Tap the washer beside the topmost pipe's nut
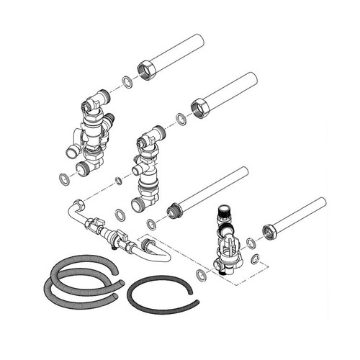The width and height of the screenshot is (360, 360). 127,81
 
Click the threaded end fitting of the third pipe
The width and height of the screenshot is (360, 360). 173,212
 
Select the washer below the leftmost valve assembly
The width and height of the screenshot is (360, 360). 64,177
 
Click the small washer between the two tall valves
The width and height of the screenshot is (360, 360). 118,180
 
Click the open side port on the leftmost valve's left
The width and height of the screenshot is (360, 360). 72,151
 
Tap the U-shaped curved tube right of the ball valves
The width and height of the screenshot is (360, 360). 155,252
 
